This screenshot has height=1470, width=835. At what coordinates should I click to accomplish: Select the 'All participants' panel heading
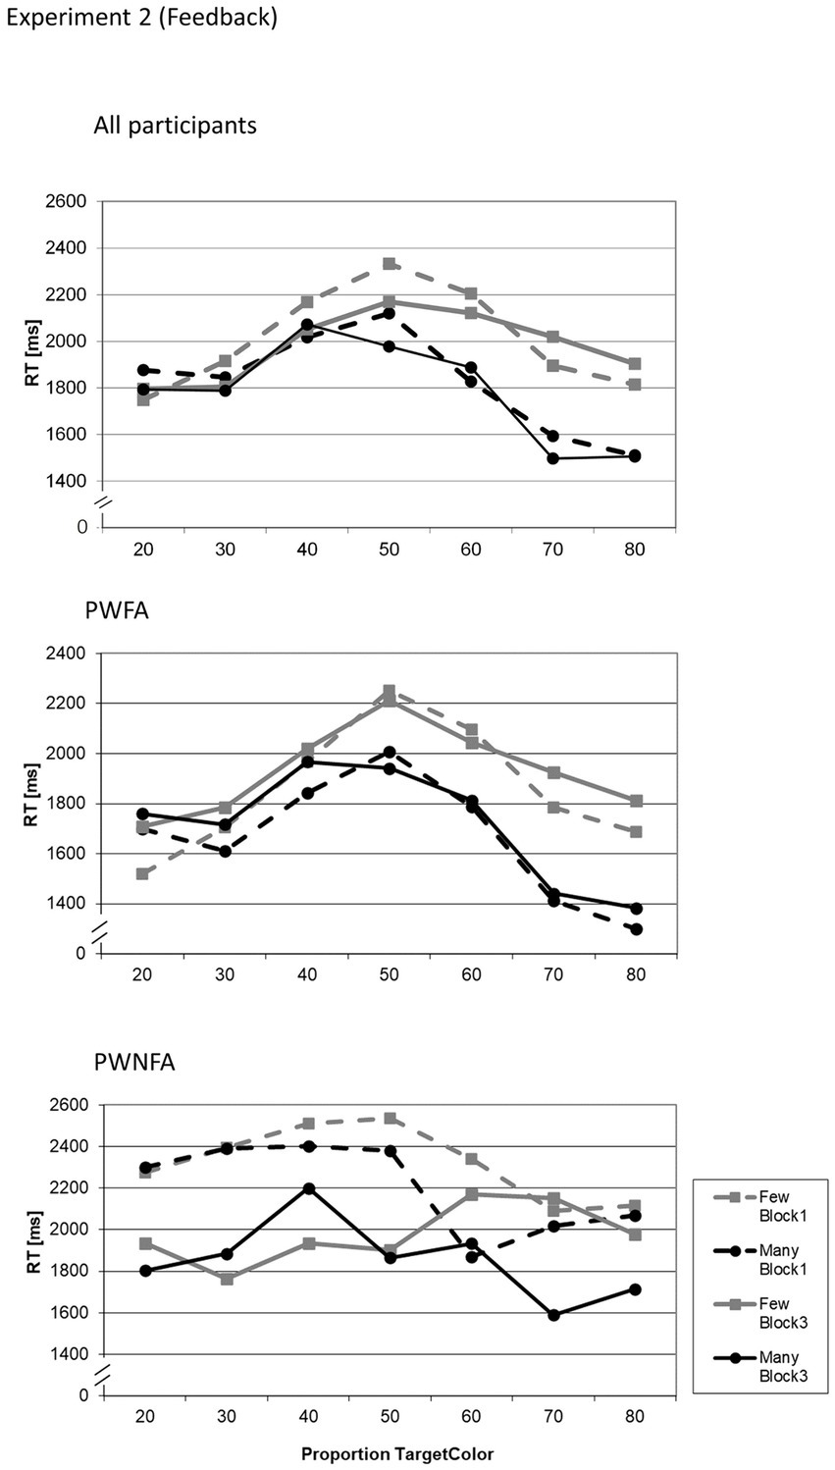(x=175, y=126)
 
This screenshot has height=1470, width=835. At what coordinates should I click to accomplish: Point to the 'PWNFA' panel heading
(x=133, y=1061)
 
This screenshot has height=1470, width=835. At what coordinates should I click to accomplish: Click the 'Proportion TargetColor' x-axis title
(x=396, y=1453)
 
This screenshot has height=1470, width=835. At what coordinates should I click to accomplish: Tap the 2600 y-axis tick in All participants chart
(x=65, y=202)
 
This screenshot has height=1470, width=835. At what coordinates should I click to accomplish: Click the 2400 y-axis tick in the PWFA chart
(x=65, y=654)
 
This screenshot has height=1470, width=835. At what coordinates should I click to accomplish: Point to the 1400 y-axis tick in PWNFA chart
(x=65, y=1354)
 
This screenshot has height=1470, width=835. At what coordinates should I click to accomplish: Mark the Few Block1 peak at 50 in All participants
(x=390, y=264)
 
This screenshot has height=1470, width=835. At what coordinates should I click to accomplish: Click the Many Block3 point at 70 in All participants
(x=553, y=458)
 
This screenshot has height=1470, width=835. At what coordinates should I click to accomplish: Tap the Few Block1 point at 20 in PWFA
(x=143, y=873)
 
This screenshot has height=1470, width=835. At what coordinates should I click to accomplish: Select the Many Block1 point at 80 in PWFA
(x=636, y=928)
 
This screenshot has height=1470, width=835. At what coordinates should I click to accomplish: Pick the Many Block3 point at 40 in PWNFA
(x=308, y=1188)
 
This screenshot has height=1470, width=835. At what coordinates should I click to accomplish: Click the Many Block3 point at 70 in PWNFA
(x=553, y=1315)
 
